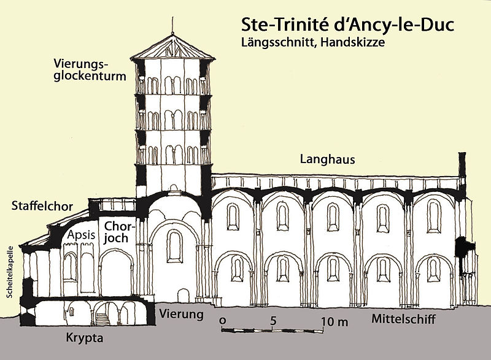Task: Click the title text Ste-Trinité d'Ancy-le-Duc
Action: (346, 26)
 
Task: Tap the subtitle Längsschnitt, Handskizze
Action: (326, 44)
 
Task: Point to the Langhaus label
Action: (328, 159)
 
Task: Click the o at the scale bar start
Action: (222, 321)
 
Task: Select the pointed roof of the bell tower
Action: (174, 48)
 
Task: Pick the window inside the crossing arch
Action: (175, 246)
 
